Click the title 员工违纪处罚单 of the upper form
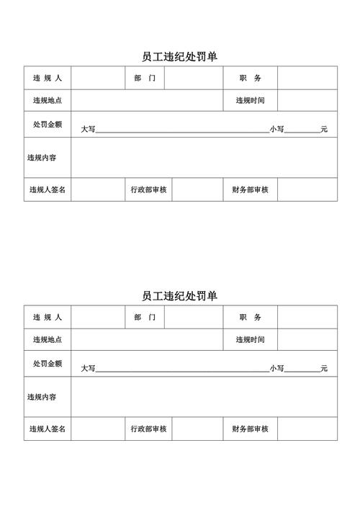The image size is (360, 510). pos(180,56)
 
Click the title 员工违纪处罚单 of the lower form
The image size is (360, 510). pos(180,296)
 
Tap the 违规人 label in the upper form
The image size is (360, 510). pos(48,78)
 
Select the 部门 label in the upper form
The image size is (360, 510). pos(144,78)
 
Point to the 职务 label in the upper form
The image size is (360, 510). pos(251,78)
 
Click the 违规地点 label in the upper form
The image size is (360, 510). pos(48,101)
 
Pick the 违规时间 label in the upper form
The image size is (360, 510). pos(251,101)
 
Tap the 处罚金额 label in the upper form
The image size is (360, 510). pos(48,124)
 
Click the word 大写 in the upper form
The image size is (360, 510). pos(88,129)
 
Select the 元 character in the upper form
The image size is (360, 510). pos(324,129)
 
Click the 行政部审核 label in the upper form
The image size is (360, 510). pos(149,189)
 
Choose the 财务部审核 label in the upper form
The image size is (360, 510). pos(251,189)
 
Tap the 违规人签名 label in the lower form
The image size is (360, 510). pos(48,429)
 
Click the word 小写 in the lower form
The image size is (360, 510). pos(277,369)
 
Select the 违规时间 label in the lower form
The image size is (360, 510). pos(251,340)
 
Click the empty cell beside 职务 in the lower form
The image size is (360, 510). pos(307,317)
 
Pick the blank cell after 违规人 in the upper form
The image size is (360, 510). pos(97,78)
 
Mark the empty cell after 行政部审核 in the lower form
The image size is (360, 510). pos(197,429)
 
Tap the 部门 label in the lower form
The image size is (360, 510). pos(144,317)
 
